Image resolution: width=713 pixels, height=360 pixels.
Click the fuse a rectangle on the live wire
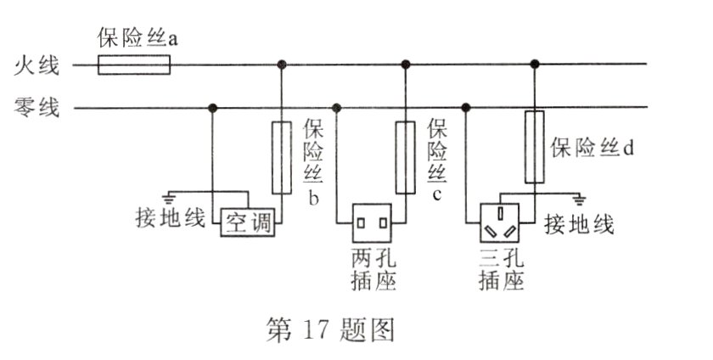point(135,65)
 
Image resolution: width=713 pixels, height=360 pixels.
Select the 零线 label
point(36,108)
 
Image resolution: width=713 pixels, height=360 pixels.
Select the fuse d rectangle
point(534,146)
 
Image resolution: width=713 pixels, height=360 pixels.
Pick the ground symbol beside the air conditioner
point(175,196)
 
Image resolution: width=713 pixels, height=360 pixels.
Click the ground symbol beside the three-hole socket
point(581,200)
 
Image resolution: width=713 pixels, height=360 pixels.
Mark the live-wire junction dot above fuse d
point(534,65)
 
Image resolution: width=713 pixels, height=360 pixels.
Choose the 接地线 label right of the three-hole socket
point(581,226)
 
